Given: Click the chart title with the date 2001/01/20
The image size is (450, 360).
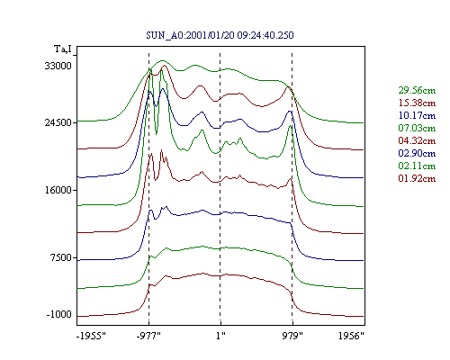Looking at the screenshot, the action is point(220,35).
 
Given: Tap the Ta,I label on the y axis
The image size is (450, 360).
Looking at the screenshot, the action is point(63,49).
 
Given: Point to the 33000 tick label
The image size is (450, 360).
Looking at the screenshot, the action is point(58,66).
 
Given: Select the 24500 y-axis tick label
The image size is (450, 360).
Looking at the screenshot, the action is point(58,122).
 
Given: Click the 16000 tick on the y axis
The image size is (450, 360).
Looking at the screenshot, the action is point(58,190).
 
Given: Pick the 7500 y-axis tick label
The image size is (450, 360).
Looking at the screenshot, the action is point(61,257).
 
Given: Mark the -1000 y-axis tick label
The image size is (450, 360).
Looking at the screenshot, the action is point(59,314).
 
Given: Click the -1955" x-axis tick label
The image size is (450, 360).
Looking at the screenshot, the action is point(91,336).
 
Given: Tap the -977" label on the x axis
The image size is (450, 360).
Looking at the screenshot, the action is point(148,336).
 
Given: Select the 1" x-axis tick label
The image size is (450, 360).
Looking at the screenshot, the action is point(220,336).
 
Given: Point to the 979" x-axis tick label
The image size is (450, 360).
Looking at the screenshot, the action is point(292,336).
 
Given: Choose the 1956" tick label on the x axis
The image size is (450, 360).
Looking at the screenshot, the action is point(351,336).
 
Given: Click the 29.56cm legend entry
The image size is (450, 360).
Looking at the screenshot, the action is point(417,90).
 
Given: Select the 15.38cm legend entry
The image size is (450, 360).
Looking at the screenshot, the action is point(417,103).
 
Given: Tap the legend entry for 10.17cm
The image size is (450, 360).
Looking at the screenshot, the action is point(417,115).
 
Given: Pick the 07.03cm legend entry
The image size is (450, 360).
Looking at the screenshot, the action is point(417,128).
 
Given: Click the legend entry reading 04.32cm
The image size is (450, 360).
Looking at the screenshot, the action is point(417,140).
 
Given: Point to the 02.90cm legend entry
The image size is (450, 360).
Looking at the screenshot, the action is point(417,153).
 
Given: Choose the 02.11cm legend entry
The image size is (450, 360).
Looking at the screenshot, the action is point(417,166).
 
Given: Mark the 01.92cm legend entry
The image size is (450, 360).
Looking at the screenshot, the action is point(417,178).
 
